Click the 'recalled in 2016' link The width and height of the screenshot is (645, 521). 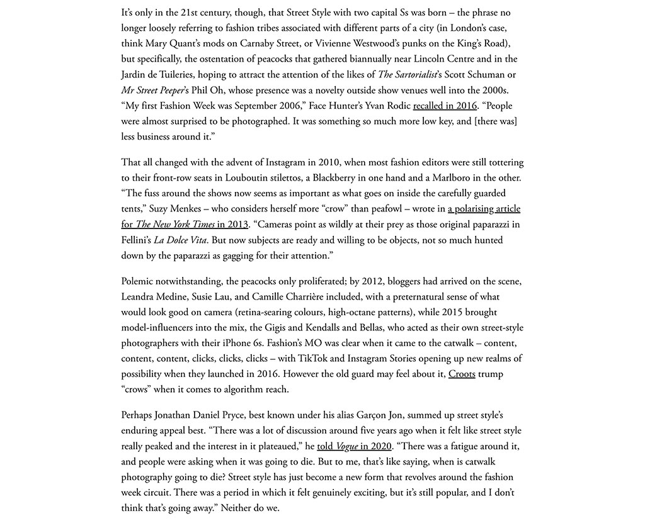pos(445,106)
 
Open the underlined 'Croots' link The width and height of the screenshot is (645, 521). pos(462,374)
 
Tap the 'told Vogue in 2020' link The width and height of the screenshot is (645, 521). pos(354,446)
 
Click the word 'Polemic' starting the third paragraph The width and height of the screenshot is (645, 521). pos(140,281)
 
